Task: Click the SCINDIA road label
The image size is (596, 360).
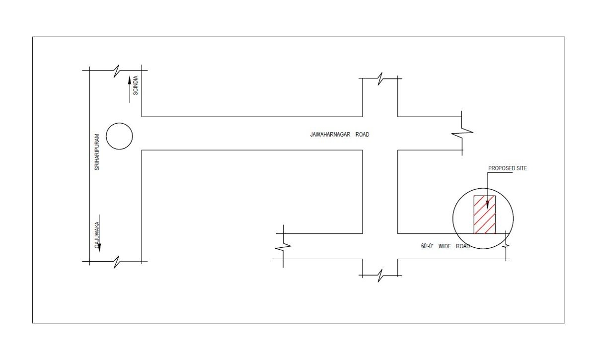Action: pyautogui.click(x=136, y=85)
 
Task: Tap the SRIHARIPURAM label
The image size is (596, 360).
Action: pyautogui.click(x=97, y=152)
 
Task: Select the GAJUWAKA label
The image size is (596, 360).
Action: pyautogui.click(x=97, y=235)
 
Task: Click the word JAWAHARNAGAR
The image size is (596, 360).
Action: pyautogui.click(x=330, y=135)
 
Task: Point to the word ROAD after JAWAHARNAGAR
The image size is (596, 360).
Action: pyautogui.click(x=363, y=135)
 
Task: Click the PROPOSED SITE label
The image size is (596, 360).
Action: pyautogui.click(x=508, y=168)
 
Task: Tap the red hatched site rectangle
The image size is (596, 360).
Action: pyautogui.click(x=485, y=215)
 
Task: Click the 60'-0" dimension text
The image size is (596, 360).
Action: pyautogui.click(x=427, y=246)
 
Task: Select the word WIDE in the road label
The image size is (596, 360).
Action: pyautogui.click(x=445, y=246)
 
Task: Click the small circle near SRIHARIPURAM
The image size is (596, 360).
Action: pyautogui.click(x=119, y=123)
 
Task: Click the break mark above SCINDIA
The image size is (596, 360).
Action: pyautogui.click(x=116, y=71)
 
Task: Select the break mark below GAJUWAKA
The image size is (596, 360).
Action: pyautogui.click(x=116, y=262)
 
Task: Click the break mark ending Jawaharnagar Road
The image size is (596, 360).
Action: pyautogui.click(x=462, y=132)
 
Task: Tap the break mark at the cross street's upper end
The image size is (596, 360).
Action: pyautogui.click(x=380, y=78)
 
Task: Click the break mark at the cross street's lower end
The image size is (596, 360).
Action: pyautogui.click(x=380, y=276)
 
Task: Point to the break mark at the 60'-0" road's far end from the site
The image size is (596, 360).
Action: pyautogui.click(x=283, y=247)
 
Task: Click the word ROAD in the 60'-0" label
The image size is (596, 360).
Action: pyautogui.click(x=463, y=246)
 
